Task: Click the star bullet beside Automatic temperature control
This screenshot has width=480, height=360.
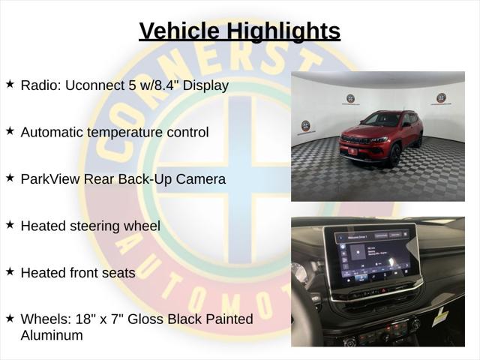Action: [x=10, y=131]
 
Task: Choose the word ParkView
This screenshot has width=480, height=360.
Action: [x=49, y=179]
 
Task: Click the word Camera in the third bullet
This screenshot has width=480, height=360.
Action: [x=200, y=179]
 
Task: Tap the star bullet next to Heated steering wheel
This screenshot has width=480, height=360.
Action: [x=10, y=224]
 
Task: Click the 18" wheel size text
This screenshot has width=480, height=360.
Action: [x=82, y=319]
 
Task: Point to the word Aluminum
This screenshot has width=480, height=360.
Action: [x=52, y=335]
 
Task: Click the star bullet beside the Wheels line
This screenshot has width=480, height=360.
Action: [x=10, y=318]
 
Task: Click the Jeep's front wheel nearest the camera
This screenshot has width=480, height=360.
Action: [x=394, y=154]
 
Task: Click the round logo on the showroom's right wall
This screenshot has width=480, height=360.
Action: [x=441, y=98]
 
